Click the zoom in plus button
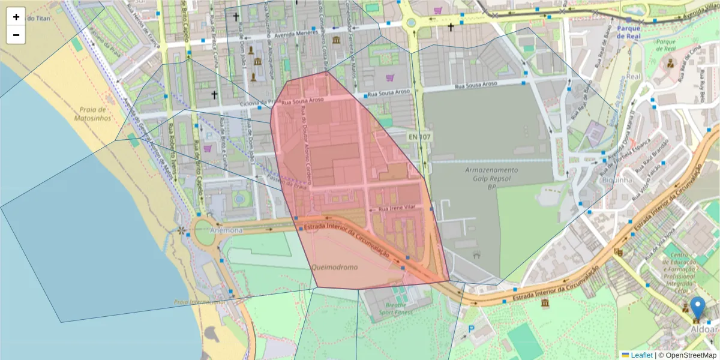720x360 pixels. click(16, 17)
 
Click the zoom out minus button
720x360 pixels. click(16, 35)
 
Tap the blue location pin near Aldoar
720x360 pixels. click(697, 307)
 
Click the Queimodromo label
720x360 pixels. click(334, 266)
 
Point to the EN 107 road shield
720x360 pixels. click(420, 137)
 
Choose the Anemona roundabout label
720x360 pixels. click(226, 230)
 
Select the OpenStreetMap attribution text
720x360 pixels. click(686, 355)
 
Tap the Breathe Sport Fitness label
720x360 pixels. click(396, 308)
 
